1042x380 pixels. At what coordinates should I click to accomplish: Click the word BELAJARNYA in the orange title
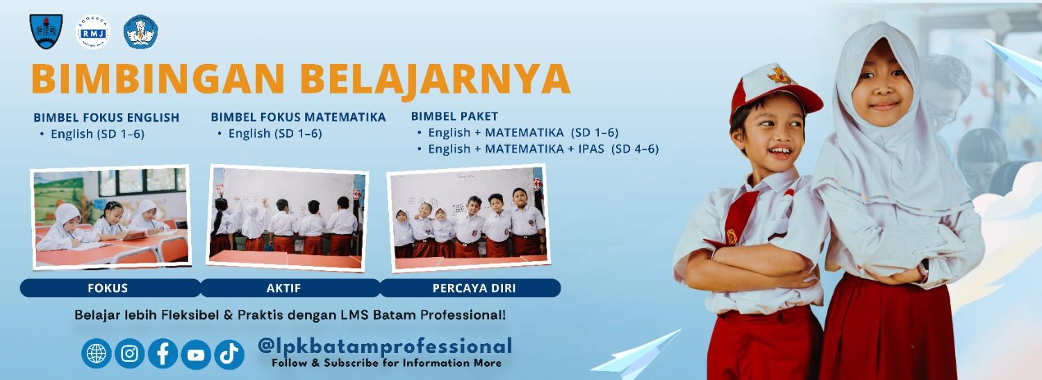click(x=438, y=79)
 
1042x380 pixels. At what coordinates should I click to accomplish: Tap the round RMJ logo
click(x=93, y=31)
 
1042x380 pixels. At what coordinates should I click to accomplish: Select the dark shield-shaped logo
click(x=46, y=31)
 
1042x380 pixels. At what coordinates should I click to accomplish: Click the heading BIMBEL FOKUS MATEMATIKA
click(x=298, y=117)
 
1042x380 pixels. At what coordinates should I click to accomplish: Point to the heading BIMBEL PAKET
click(x=454, y=116)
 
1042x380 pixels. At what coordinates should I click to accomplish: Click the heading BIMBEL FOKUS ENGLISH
click(x=106, y=117)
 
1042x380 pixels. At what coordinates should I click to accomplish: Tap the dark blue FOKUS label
click(x=108, y=288)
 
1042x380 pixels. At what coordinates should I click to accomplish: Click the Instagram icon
click(x=129, y=354)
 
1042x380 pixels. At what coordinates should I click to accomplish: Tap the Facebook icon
click(x=163, y=354)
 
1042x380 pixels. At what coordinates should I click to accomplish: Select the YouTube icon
click(x=196, y=354)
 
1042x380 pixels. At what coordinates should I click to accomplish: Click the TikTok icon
click(x=229, y=354)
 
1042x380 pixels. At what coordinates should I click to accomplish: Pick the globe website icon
click(x=96, y=354)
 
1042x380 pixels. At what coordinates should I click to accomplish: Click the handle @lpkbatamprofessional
click(x=384, y=345)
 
